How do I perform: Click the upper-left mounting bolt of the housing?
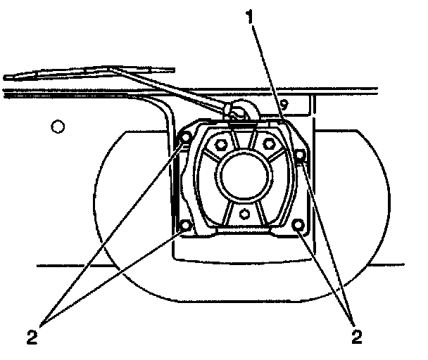click(x=187, y=138)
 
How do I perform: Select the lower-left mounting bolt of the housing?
click(x=187, y=226)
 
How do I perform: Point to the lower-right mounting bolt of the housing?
click(x=298, y=226)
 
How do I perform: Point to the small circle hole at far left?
click(x=58, y=127)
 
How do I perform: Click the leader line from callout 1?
click(x=270, y=70)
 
